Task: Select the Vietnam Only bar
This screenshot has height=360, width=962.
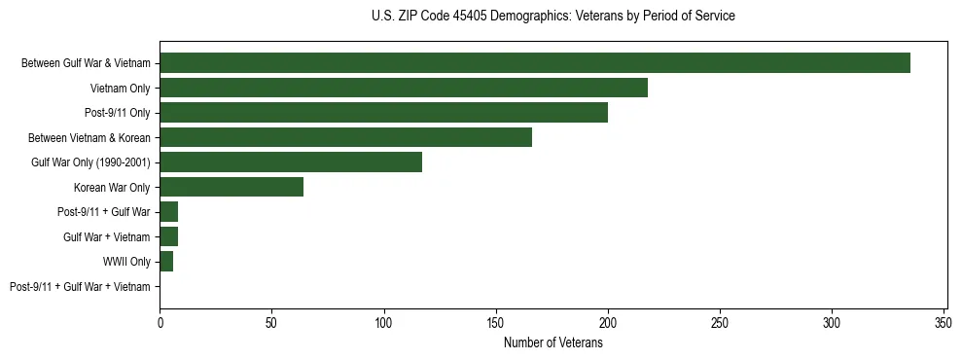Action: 404,88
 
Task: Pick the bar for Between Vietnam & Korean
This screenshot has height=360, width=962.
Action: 345,137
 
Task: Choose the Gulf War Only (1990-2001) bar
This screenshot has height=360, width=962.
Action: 291,162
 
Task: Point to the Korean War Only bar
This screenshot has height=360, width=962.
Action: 232,187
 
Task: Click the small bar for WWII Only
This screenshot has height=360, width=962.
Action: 166,262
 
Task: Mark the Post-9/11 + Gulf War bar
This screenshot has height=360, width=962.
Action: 168,212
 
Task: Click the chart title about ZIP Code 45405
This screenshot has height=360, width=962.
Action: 552,17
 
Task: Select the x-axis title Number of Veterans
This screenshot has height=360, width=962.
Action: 552,342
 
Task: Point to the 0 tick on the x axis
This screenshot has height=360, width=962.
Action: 160,322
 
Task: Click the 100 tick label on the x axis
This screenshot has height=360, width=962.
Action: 384,322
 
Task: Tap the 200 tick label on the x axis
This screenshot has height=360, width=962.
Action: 608,322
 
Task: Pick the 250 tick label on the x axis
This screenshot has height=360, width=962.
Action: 720,322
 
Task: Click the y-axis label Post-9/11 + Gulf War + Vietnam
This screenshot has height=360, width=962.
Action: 80,287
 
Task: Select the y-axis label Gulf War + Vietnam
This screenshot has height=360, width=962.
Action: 107,237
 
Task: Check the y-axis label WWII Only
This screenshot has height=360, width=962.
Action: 126,262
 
